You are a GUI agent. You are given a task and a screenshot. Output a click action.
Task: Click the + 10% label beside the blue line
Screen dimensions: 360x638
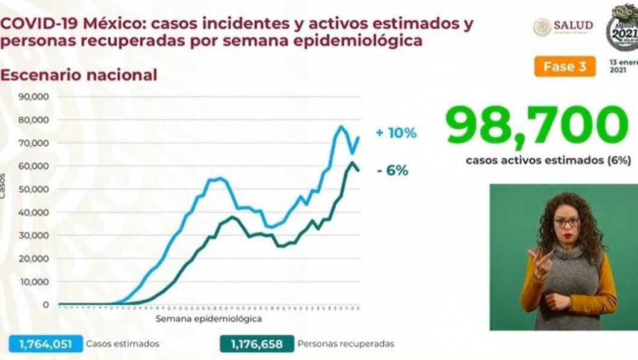pos(395,133)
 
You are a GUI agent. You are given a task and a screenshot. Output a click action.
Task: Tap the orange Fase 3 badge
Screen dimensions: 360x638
pos(564,66)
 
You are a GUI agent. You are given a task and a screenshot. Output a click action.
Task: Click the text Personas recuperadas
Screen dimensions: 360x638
pos(346,344)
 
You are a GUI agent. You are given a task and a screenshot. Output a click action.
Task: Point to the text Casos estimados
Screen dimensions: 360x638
pos(122,344)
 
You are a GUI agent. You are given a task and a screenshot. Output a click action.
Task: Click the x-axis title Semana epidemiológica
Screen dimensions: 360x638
pos(209,318)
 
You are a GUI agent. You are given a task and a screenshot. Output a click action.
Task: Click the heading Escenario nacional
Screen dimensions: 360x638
pos(78,75)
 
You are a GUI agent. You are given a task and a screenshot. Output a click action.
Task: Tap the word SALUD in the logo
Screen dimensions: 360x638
pos(573,25)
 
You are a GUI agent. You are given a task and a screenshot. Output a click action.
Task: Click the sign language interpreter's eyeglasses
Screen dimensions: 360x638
pos(566,222)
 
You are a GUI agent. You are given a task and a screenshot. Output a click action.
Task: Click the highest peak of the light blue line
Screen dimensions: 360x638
pos(341,126)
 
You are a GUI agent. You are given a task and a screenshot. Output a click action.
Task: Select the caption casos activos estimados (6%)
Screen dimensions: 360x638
pos(547,160)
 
